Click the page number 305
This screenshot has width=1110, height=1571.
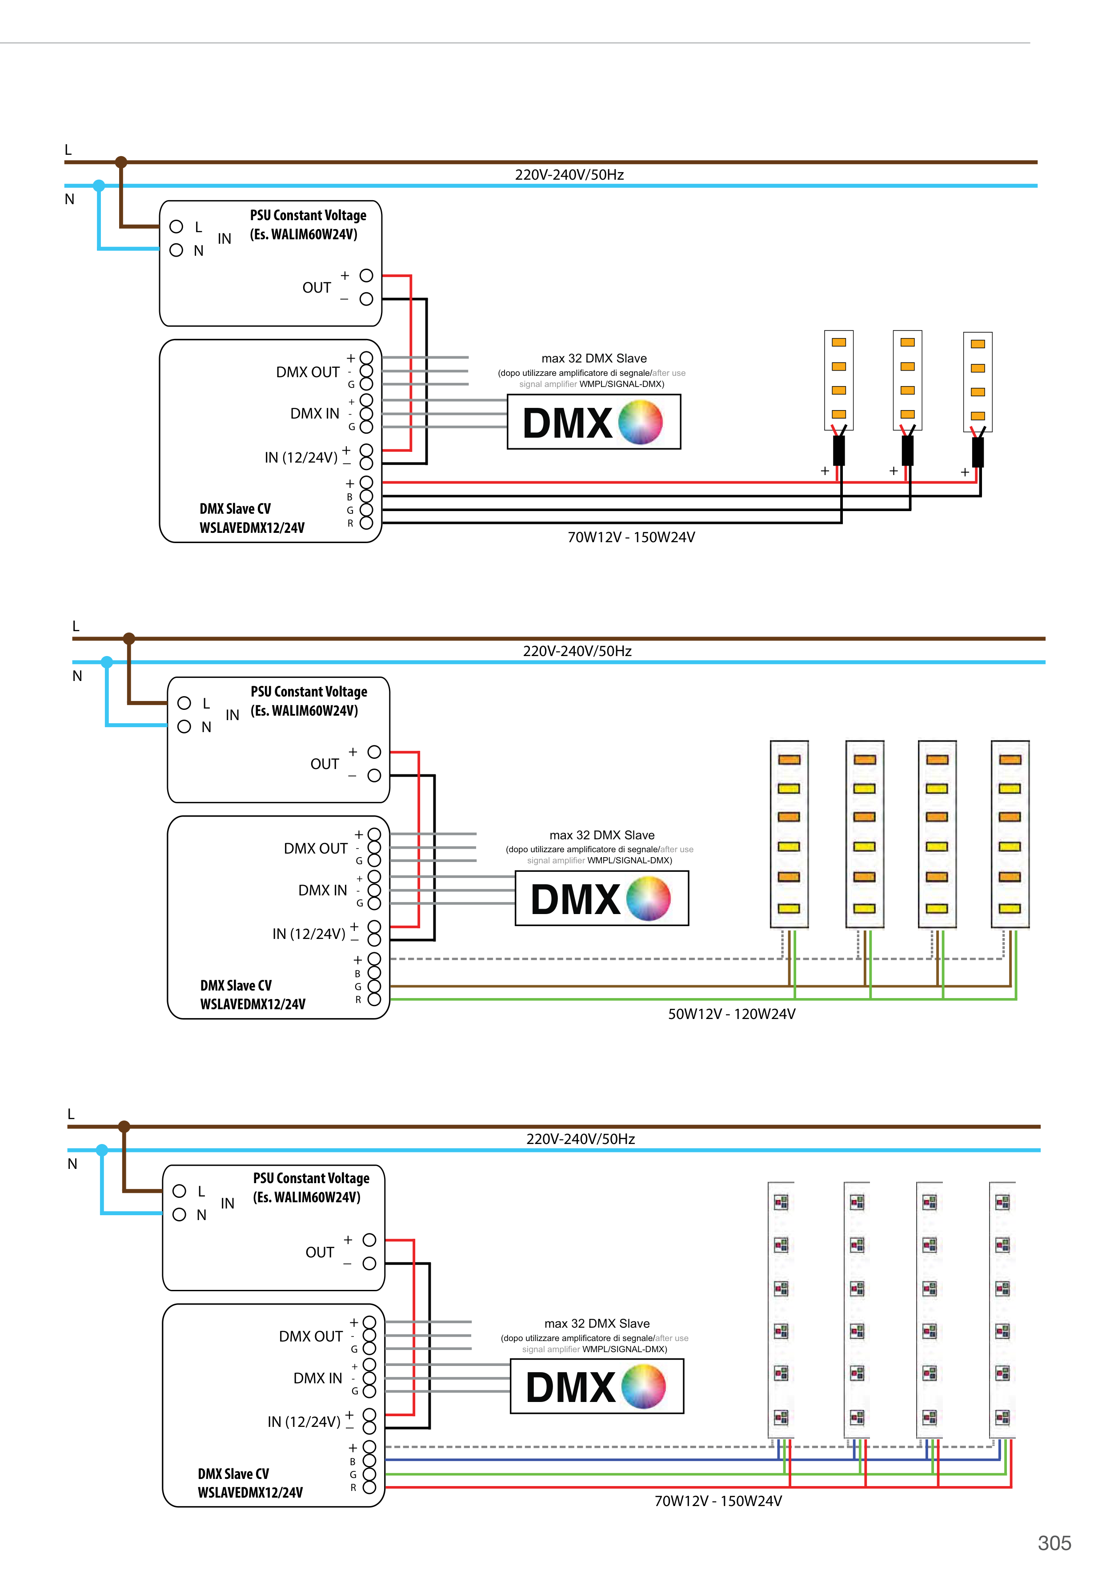[1054, 1543]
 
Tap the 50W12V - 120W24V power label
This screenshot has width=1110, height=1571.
[731, 1014]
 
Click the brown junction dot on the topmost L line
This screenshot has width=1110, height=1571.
[121, 162]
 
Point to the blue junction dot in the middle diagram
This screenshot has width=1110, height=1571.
[107, 662]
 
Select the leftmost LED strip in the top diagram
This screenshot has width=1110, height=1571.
[838, 380]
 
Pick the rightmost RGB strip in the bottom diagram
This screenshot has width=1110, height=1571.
[1002, 1309]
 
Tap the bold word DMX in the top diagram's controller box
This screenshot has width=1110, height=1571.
[567, 423]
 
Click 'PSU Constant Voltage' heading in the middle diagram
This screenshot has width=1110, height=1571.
[309, 692]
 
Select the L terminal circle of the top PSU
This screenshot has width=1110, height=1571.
[176, 226]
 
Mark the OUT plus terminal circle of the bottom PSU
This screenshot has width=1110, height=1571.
[369, 1240]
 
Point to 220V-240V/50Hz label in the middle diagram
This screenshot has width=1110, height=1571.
[577, 651]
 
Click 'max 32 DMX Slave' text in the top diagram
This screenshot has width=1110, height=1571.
[593, 359]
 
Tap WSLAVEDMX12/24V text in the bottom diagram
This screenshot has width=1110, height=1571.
[250, 1492]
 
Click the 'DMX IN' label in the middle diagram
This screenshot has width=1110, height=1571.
[323, 890]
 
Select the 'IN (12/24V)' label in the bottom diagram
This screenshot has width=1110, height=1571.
[304, 1422]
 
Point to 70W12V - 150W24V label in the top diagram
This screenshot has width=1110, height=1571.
[631, 537]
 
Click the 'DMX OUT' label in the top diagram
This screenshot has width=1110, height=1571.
[308, 372]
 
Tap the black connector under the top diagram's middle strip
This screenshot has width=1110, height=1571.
[908, 450]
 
